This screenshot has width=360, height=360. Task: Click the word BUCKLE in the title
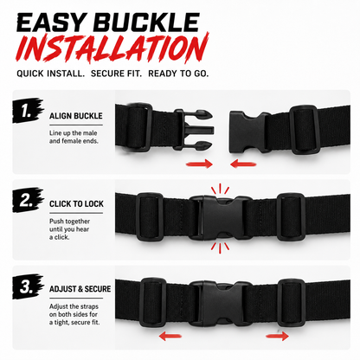(x=147, y=22)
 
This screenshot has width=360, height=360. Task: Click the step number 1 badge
(x=28, y=111)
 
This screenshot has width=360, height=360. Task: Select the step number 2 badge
(x=28, y=200)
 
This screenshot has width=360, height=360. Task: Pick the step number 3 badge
(x=28, y=286)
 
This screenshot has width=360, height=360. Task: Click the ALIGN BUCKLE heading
(x=76, y=116)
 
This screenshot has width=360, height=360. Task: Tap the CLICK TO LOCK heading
(x=76, y=204)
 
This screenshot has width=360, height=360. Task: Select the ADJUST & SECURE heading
(x=80, y=289)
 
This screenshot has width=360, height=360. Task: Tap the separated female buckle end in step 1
(x=248, y=132)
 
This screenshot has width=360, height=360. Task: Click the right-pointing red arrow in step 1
(x=199, y=164)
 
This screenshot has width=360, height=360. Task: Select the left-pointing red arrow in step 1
(x=243, y=164)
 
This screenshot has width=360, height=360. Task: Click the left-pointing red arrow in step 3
(x=170, y=336)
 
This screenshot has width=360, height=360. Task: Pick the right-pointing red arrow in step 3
(x=277, y=336)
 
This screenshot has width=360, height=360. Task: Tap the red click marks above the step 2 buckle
(x=220, y=189)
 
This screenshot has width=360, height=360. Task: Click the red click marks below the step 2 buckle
(x=220, y=247)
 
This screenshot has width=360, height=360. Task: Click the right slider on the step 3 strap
(x=292, y=303)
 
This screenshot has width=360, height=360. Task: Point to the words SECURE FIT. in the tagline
(x=116, y=74)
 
